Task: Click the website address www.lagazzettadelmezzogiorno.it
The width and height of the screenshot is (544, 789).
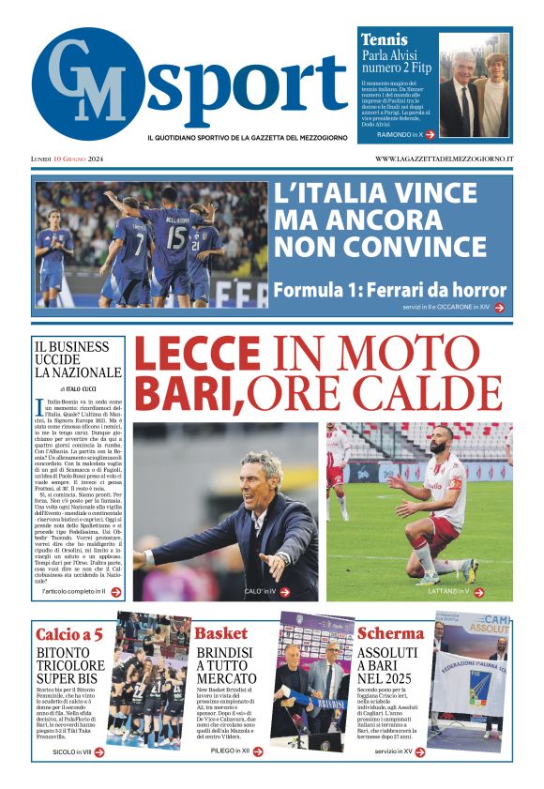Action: [x=444, y=159]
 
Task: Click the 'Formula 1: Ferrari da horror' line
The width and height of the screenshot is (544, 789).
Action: [x=390, y=289]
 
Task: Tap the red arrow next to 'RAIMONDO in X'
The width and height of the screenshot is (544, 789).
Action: [x=430, y=135]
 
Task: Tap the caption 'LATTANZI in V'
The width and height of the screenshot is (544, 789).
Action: [x=455, y=592]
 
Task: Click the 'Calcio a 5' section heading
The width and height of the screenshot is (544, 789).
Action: [x=68, y=633]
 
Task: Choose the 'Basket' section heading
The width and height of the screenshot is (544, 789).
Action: [x=220, y=633]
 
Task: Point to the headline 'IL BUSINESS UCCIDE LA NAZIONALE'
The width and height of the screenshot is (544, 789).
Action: [x=78, y=359]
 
